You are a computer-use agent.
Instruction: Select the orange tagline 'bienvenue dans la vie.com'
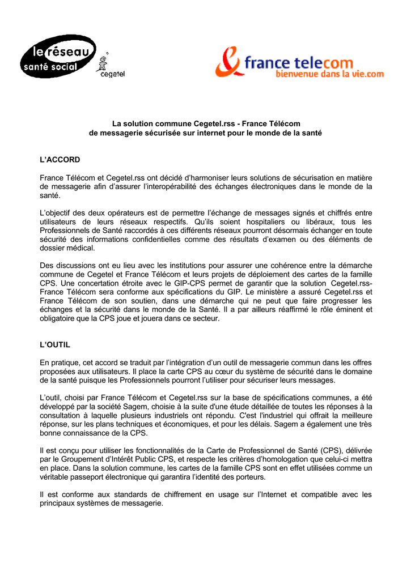pyautogui.click(x=329, y=74)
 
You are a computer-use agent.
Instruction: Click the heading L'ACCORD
pyautogui.click(x=60, y=160)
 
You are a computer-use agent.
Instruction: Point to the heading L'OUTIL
pyautogui.click(x=55, y=344)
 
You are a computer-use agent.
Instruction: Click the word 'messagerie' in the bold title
pyautogui.click(x=122, y=133)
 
